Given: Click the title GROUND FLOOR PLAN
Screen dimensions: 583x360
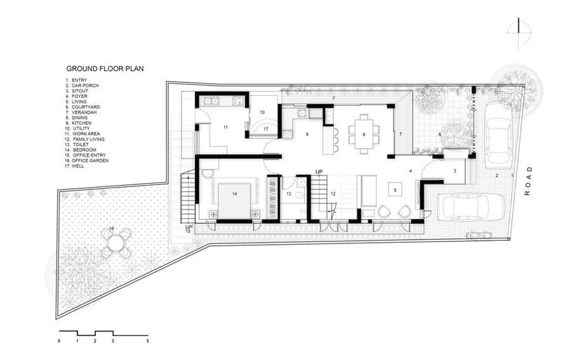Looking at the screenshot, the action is pyautogui.click(x=105, y=69).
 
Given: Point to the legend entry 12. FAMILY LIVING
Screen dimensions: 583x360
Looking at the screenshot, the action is pyautogui.click(x=84, y=139).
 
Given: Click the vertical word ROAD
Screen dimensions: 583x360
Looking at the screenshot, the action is pyautogui.click(x=527, y=181).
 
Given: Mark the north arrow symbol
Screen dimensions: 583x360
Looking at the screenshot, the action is pyautogui.click(x=518, y=34).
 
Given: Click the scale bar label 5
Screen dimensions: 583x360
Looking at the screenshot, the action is pyautogui.click(x=148, y=340).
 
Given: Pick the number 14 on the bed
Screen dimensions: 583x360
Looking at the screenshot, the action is pyautogui.click(x=234, y=194).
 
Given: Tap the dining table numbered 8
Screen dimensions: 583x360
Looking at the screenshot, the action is pyautogui.click(x=364, y=134).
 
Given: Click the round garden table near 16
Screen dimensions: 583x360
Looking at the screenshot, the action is pyautogui.click(x=116, y=243).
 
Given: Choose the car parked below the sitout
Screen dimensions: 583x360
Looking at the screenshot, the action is pyautogui.click(x=470, y=207).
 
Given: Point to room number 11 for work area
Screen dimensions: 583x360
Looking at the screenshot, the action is pyautogui.click(x=226, y=127).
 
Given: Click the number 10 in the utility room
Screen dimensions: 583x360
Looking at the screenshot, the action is pyautogui.click(x=262, y=112).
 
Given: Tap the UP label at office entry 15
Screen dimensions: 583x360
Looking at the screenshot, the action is pyautogui.click(x=189, y=226).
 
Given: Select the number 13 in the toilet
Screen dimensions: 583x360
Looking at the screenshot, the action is pyautogui.click(x=288, y=194).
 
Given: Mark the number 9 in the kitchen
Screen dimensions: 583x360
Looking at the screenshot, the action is pyautogui.click(x=307, y=134).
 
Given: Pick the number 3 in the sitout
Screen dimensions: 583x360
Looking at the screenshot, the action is pyautogui.click(x=455, y=171).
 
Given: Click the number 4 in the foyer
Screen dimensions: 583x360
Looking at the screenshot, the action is pyautogui.click(x=411, y=171).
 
